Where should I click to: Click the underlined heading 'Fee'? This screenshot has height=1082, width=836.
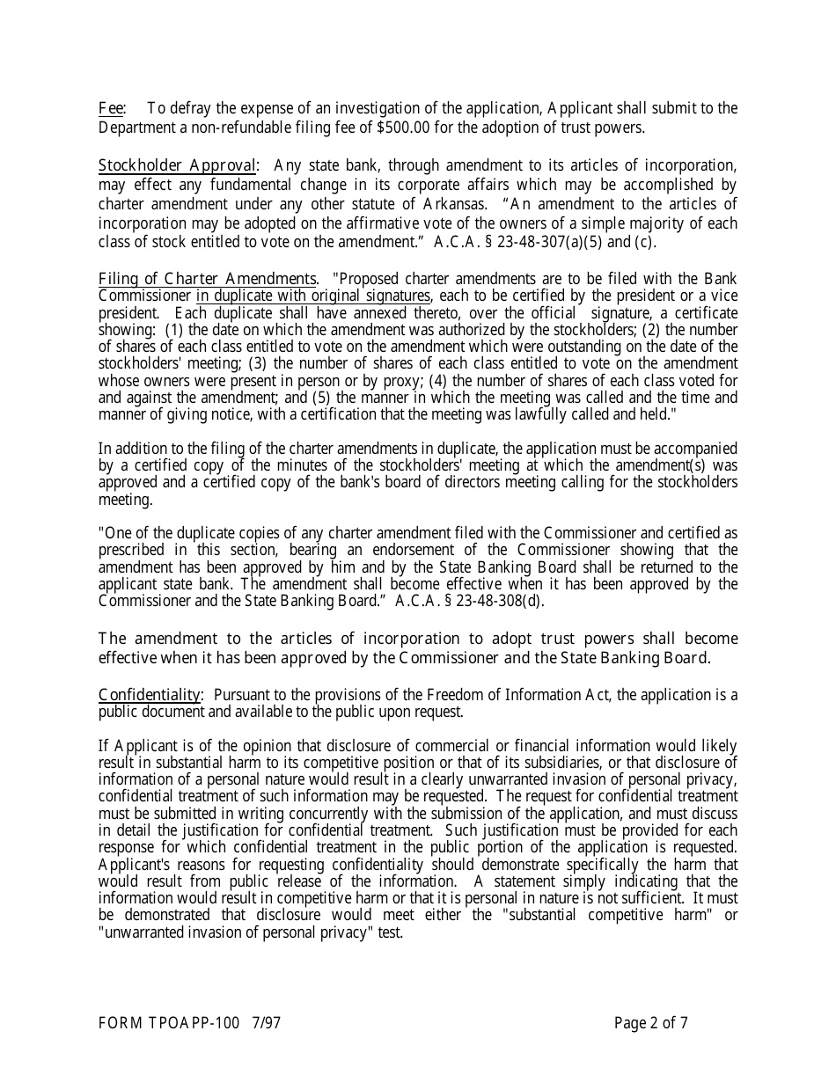coord(110,108)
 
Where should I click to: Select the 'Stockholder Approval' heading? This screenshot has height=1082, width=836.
coord(177,165)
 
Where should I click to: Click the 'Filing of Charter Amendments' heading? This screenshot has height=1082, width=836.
coord(207,280)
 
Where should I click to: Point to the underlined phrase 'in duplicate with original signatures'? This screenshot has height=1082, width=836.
coord(313,296)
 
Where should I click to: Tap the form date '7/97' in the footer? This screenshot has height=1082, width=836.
coord(266,1023)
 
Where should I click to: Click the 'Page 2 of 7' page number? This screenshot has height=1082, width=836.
coord(651,1023)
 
